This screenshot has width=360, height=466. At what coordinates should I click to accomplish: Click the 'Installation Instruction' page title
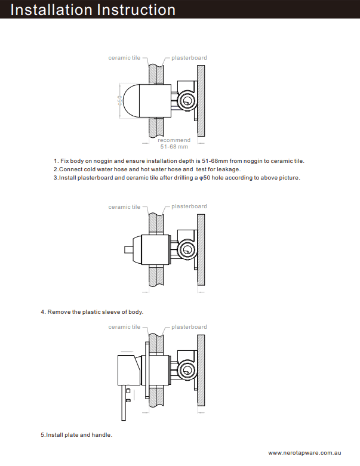click(93, 10)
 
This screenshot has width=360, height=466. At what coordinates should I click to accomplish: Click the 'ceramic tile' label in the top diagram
click(124, 58)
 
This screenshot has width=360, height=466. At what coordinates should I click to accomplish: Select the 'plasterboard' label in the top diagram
click(189, 58)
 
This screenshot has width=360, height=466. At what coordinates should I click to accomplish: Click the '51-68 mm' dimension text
click(174, 146)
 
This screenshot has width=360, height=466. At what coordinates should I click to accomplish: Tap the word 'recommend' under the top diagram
click(174, 140)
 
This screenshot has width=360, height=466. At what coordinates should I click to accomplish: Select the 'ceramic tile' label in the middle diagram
click(124, 207)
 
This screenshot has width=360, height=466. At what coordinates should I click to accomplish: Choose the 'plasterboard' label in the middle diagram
click(189, 206)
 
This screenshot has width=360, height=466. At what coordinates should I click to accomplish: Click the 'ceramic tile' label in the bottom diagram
click(124, 327)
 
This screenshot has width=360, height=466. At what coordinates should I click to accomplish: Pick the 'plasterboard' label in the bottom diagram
click(189, 327)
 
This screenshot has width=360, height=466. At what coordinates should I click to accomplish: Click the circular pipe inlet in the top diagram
click(189, 101)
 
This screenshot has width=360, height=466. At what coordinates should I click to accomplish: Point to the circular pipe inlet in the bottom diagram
click(189, 370)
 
